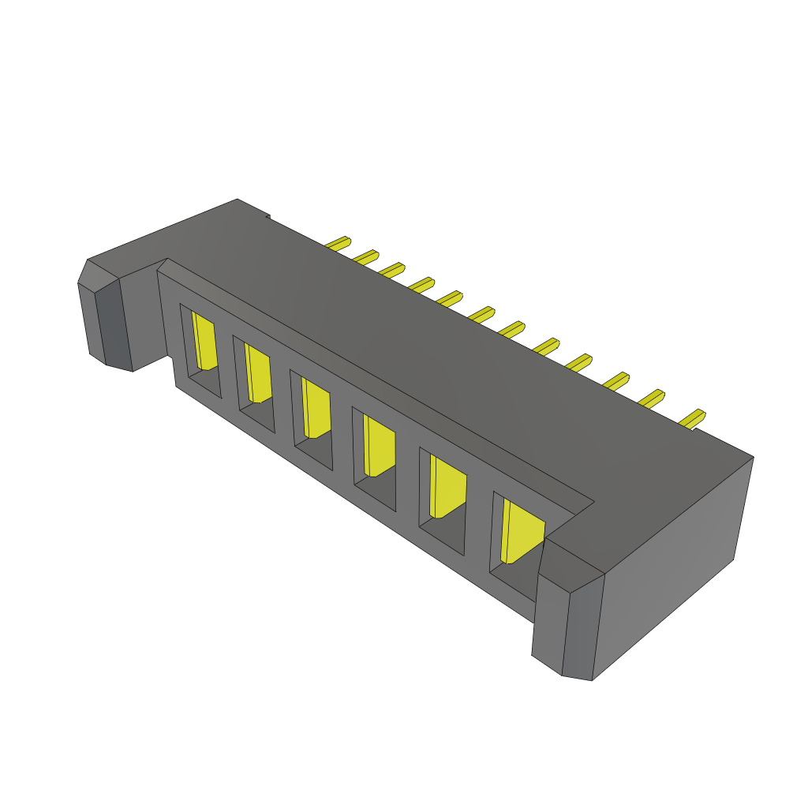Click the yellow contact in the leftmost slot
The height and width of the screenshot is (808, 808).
coord(204,342)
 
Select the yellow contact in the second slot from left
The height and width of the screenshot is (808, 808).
coord(258,374)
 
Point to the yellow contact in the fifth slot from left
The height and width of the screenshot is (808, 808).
coord(447,488)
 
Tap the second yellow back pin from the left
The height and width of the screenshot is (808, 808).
coord(366,256)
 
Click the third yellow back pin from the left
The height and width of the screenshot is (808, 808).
coord(392,269)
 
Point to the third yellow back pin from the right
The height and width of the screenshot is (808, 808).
coord(616,380)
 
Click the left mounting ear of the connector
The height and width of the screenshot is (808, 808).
coord(110,324)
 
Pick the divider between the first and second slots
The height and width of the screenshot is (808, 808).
coord(227,371)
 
